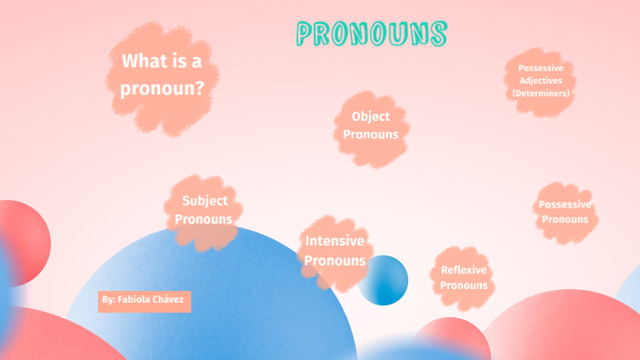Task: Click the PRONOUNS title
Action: coord(372,35)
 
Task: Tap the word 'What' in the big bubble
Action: coord(144,62)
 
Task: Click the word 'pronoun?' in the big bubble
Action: coord(162,89)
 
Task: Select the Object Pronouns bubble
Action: coord(371,125)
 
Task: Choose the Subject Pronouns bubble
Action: coord(204,210)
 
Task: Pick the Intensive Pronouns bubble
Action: coord(335,251)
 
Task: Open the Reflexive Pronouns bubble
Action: coord(464,277)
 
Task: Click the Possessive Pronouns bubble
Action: coord(565,212)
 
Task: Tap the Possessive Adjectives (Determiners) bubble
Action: coord(540,81)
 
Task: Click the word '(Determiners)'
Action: coord(540,94)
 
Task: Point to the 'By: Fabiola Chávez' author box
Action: coord(145,299)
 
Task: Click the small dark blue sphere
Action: coord(383,280)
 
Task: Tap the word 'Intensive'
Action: coord(335,241)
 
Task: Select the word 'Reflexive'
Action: coord(464,270)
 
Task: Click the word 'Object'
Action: coord(371,116)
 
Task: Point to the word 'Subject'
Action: coord(205,201)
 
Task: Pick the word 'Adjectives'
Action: coord(540,81)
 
